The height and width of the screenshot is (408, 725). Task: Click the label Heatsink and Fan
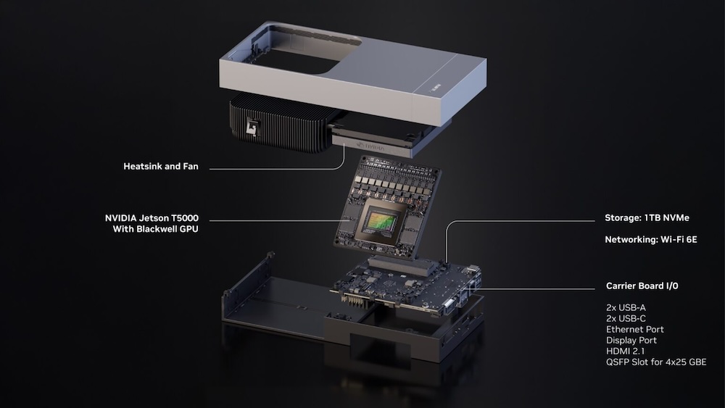(160, 167)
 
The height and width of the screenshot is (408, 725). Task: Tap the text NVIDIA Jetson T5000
(152, 217)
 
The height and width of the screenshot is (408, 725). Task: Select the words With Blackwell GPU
(155, 229)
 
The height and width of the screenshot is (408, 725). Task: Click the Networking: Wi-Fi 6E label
(650, 238)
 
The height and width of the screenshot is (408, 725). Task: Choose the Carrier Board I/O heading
(642, 286)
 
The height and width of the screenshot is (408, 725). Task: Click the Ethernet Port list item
(634, 329)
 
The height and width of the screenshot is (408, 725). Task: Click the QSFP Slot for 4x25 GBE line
(655, 362)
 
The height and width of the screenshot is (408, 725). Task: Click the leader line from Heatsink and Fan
(275, 169)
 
